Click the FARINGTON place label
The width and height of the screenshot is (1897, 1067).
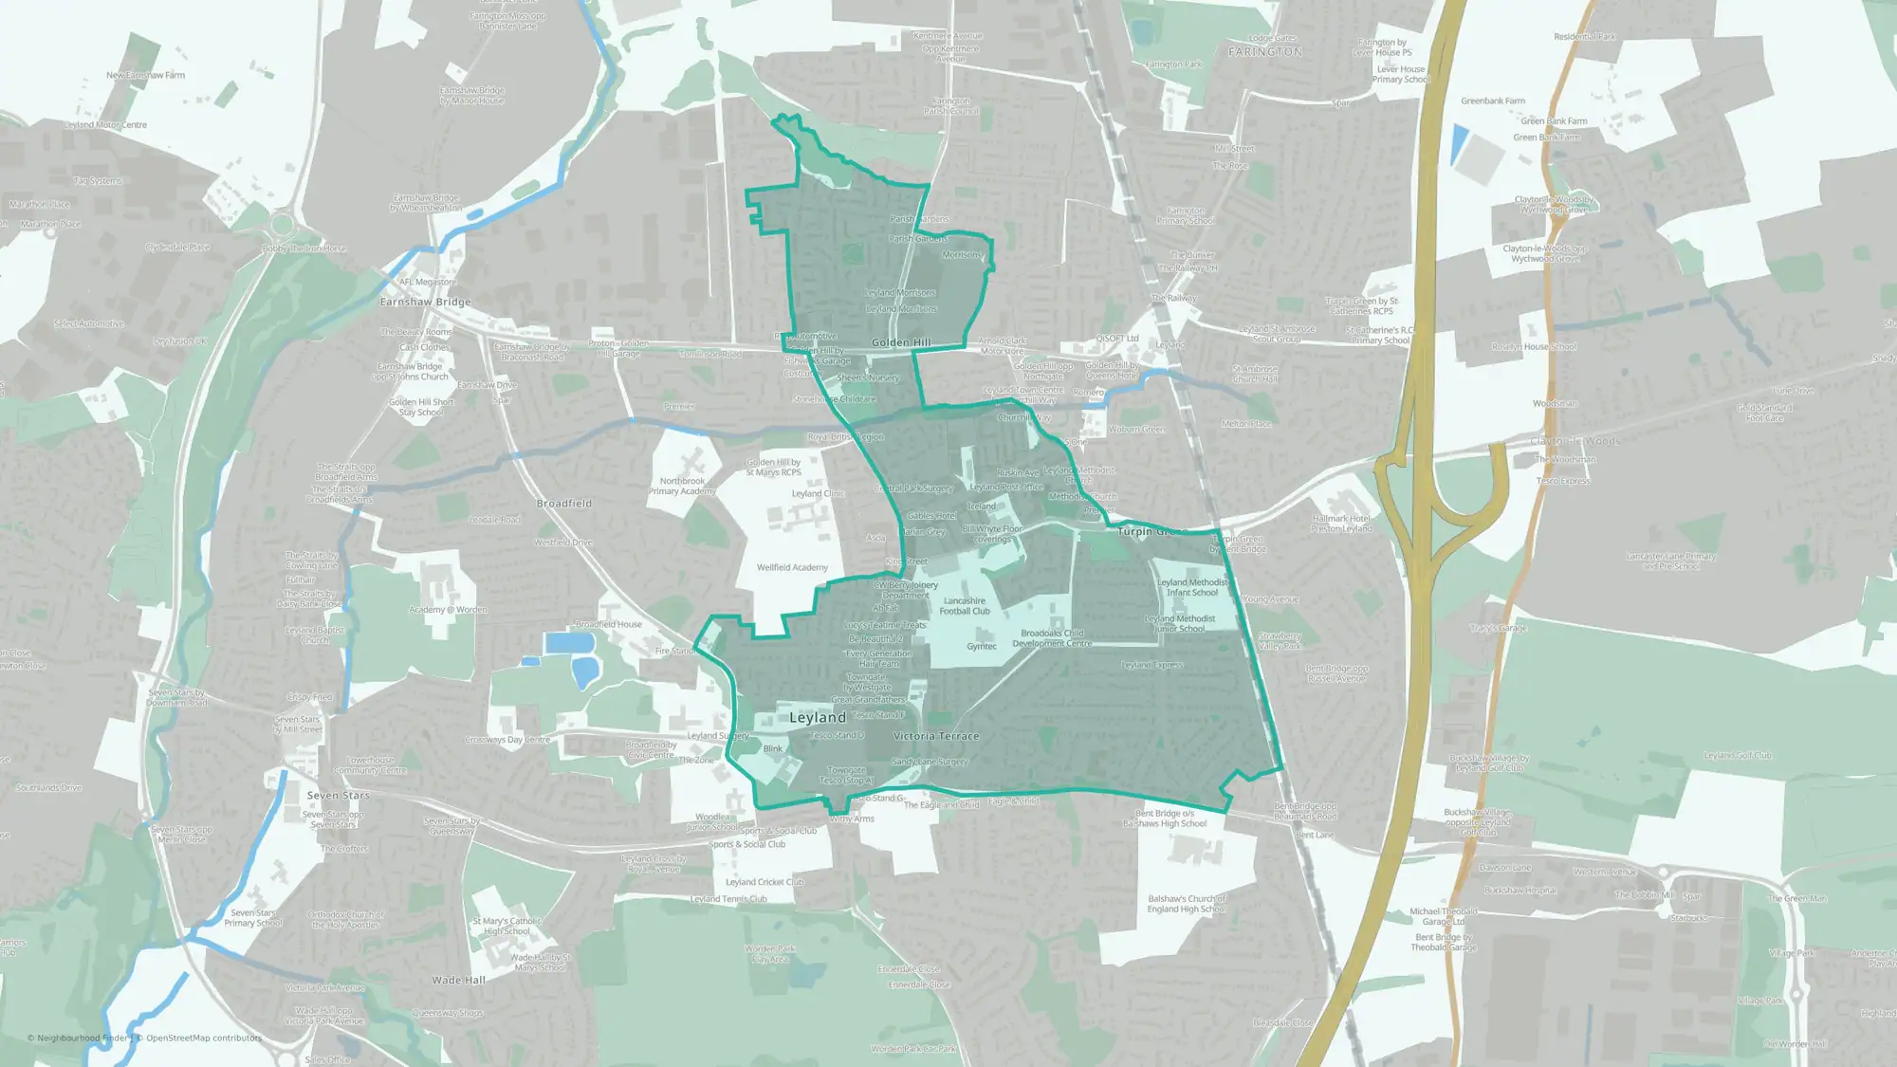click(x=1265, y=52)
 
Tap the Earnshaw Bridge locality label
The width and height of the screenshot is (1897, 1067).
click(x=425, y=302)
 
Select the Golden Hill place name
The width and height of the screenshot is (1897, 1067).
click(x=901, y=342)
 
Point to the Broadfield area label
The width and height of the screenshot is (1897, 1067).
click(x=564, y=504)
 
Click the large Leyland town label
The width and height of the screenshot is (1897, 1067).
click(x=817, y=718)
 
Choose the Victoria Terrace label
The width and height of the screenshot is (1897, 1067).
click(x=936, y=736)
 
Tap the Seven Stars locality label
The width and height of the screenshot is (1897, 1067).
click(x=338, y=796)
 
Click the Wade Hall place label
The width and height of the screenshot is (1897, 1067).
click(x=458, y=981)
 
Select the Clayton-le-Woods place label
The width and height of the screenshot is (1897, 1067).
click(x=1575, y=442)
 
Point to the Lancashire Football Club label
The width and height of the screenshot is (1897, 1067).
click(x=965, y=606)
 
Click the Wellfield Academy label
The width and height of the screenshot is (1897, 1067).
click(x=792, y=567)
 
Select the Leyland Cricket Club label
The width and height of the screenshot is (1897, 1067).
click(x=764, y=882)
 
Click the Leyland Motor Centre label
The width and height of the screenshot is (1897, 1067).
click(x=105, y=124)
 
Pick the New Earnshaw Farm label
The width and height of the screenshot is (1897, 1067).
click(x=146, y=75)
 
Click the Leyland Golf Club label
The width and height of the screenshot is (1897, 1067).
click(x=1738, y=756)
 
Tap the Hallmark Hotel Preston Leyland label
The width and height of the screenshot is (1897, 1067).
click(x=1341, y=524)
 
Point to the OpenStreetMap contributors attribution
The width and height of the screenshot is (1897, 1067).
click(x=204, y=1038)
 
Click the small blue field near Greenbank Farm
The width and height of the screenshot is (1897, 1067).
click(x=1458, y=144)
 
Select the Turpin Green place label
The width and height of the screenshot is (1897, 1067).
click(x=1147, y=532)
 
